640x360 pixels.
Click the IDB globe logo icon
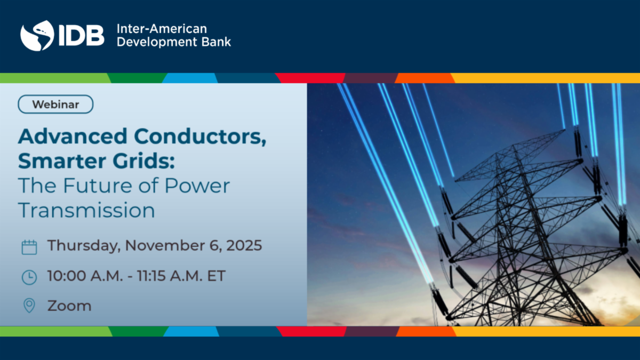point(37,36)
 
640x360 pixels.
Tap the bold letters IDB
point(82,35)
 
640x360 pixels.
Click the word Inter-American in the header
point(162,29)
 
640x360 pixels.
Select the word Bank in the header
point(217,42)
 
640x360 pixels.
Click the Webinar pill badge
point(55,105)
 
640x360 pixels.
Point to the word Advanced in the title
point(73,137)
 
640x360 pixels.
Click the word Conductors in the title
point(200,137)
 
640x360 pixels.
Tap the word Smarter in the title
point(62,161)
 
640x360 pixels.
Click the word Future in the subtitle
point(98,186)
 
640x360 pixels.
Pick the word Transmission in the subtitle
point(86,210)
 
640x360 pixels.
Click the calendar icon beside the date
point(29,247)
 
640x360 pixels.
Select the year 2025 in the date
point(244,245)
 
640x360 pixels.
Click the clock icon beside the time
point(29,277)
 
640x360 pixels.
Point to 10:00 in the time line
point(67,276)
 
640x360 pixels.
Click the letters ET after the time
point(217,276)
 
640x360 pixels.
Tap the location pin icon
point(29,306)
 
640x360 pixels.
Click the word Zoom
point(69,306)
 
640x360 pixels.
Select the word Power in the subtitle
point(197,186)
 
